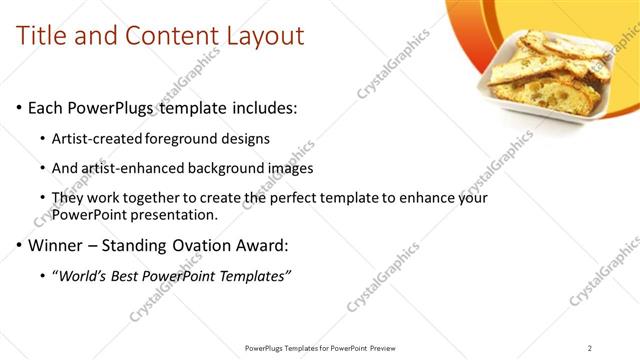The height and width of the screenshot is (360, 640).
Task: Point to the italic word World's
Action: pos(85,275)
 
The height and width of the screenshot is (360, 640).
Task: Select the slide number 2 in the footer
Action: pos(589,348)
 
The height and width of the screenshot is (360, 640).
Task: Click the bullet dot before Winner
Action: pos(19,245)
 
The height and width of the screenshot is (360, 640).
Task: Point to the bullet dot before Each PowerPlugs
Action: pos(19,108)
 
